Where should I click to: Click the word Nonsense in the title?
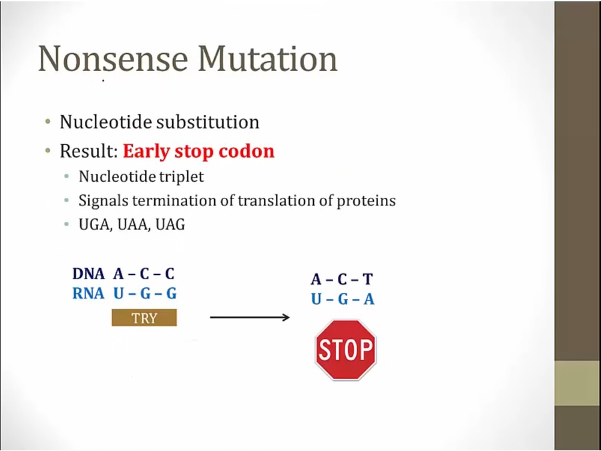113,58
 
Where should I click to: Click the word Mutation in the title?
268,58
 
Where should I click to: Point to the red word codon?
246,152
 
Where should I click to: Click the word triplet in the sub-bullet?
182,177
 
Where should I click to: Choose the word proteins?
366,201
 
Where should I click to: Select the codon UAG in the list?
170,224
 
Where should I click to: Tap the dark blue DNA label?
89,274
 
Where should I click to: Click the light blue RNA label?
89,294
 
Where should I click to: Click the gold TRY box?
144,318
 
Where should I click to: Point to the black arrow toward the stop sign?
250,317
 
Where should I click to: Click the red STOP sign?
346,349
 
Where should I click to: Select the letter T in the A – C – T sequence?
367,279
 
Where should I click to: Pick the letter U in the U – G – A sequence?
317,299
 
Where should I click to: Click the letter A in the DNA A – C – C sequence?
118,274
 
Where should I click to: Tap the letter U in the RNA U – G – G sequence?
119,294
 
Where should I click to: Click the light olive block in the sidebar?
578,383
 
